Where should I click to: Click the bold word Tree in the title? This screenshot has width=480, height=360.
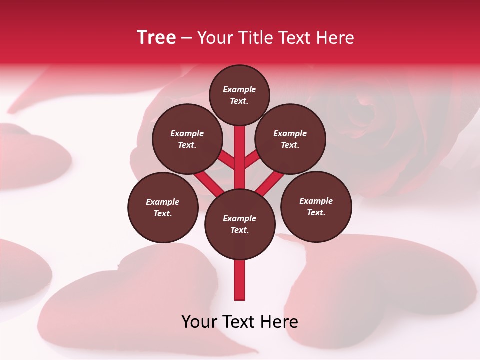pyautogui.click(x=156, y=37)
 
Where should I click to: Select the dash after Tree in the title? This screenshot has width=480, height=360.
pyautogui.click(x=187, y=38)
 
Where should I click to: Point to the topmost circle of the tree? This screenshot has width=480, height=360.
pyautogui.click(x=239, y=95)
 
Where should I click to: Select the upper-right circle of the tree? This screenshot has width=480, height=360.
pyautogui.click(x=290, y=139)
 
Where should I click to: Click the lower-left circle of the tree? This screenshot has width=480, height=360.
pyautogui.click(x=163, y=207)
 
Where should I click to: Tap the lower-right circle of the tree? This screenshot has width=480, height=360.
pyautogui.click(x=316, y=206)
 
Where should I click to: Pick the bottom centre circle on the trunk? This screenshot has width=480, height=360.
pyautogui.click(x=240, y=224)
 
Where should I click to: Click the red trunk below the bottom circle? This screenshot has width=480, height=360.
pyautogui.click(x=240, y=280)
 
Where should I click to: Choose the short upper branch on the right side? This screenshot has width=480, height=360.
pyautogui.click(x=252, y=160)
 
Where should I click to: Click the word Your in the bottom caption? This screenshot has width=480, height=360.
pyautogui.click(x=199, y=322)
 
